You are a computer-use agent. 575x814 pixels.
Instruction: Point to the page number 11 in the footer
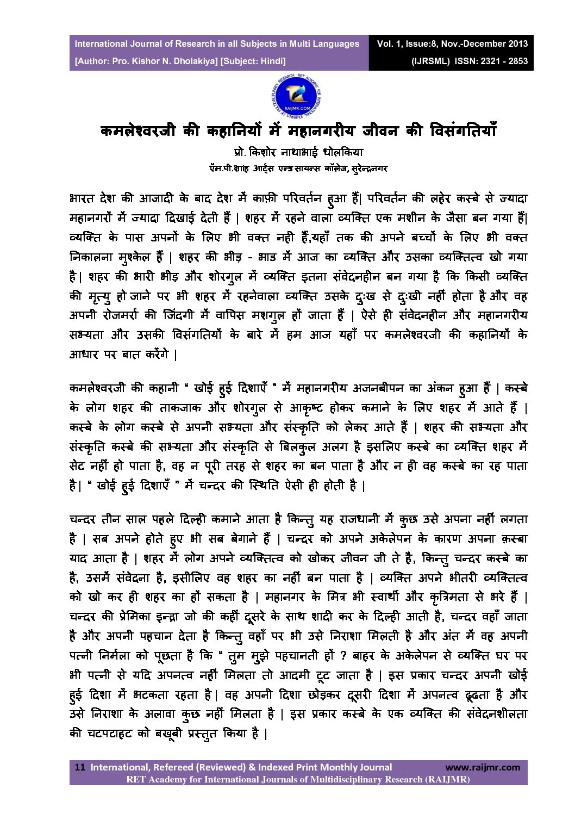(80, 767)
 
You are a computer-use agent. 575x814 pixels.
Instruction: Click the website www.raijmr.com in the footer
(482, 767)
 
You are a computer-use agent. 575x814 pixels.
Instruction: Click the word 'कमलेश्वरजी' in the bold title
(137, 132)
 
